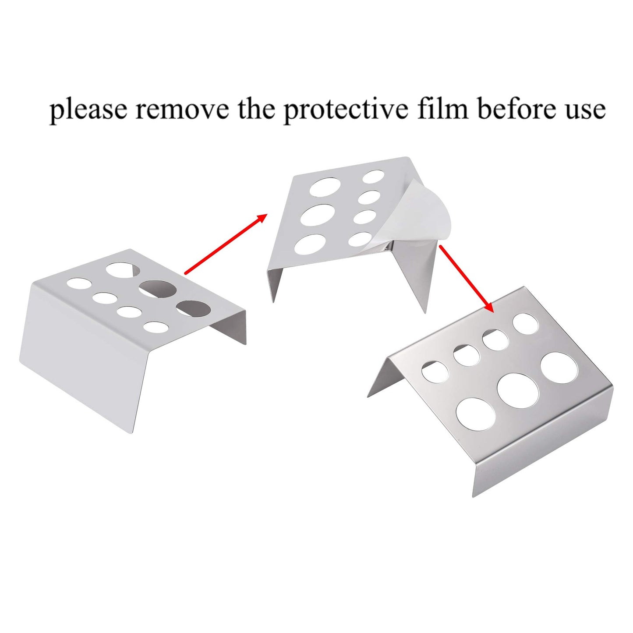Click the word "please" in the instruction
point(88,110)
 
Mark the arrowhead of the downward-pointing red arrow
point(489,306)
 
